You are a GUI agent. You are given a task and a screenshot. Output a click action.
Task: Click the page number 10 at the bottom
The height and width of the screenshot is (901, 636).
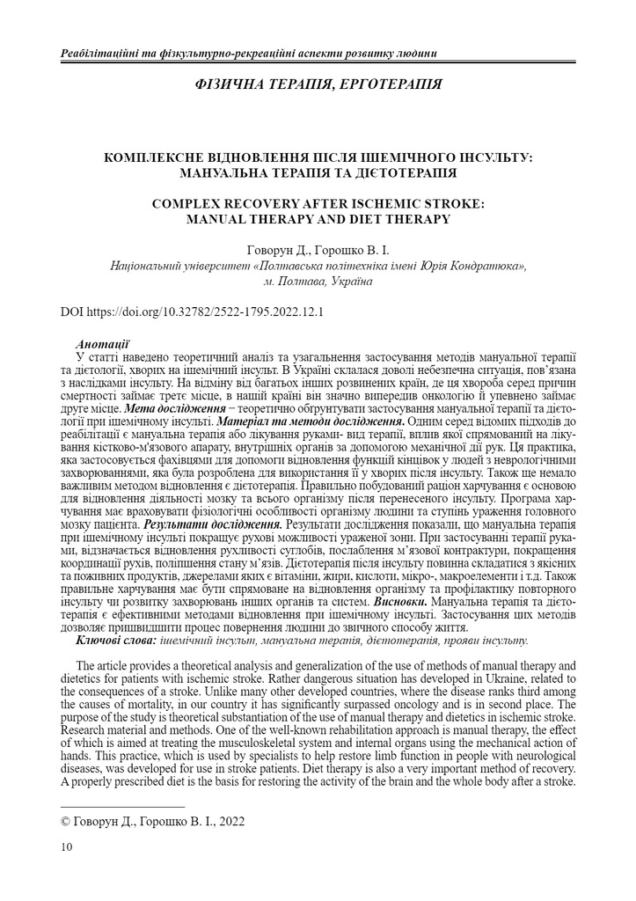click(x=67, y=846)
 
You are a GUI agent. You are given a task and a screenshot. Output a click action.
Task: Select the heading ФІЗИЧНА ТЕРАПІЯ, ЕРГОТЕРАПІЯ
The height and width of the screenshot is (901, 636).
click(x=317, y=85)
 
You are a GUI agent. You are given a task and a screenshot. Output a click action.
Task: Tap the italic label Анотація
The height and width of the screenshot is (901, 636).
click(x=104, y=343)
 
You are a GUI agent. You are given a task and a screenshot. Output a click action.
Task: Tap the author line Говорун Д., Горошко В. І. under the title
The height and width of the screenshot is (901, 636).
click(x=318, y=249)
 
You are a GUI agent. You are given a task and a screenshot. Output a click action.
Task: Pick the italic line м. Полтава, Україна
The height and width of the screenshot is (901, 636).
click(x=318, y=281)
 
